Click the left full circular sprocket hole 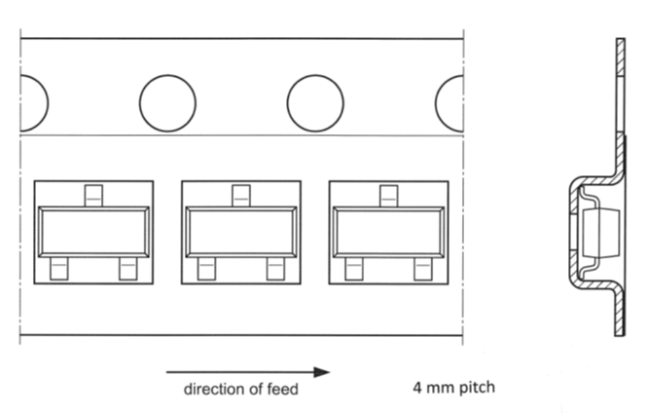[167, 102]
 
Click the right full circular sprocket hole [315, 102]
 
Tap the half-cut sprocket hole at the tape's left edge [33, 102]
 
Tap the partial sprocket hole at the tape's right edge [449, 102]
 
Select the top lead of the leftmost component [92, 195]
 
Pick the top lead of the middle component [240, 195]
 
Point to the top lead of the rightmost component [388, 195]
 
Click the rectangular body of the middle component [240, 232]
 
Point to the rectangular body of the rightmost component [388, 232]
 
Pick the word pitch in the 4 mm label [475, 388]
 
